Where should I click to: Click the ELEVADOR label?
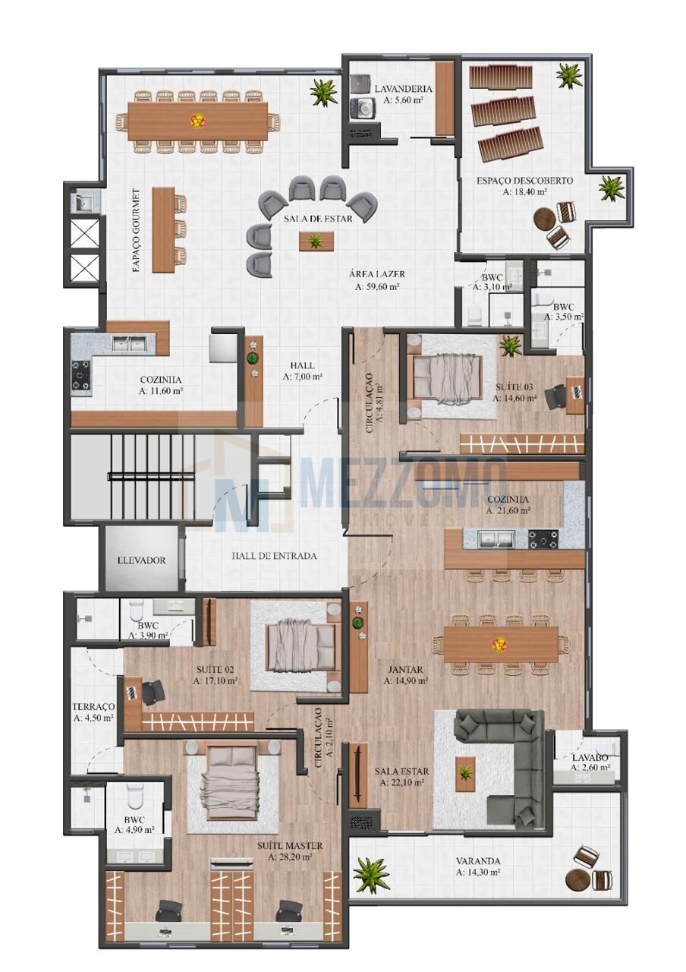click(x=142, y=560)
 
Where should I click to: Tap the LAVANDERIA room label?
click(x=403, y=89)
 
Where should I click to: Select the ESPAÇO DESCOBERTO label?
click(x=524, y=181)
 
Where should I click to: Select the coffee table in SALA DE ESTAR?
click(x=316, y=241)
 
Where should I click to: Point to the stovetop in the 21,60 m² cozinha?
click(x=543, y=539)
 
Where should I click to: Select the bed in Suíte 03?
click(x=447, y=376)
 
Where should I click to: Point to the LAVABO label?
click(x=590, y=758)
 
